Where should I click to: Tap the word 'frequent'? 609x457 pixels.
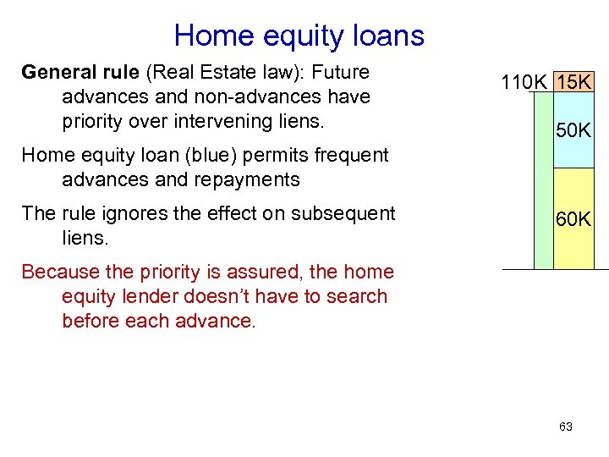coord(350,155)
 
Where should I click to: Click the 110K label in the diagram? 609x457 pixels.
coord(524,83)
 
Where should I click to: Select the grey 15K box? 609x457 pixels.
coord(576,83)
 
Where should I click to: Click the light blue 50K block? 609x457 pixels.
coord(574,130)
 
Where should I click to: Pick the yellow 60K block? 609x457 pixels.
coord(574,219)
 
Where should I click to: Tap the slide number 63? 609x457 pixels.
coord(566,427)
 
